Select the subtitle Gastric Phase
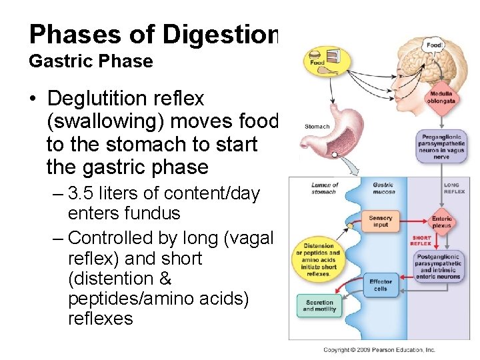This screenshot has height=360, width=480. [91, 61]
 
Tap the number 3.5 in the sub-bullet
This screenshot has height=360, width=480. [82, 194]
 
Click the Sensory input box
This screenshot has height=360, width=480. [380, 221]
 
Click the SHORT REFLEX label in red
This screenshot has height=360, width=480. [421, 241]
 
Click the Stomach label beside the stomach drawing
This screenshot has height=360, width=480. [317, 126]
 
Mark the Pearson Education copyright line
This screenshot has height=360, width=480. [379, 349]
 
